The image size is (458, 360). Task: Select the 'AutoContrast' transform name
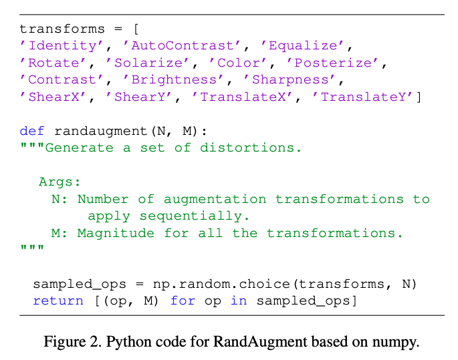(x=182, y=46)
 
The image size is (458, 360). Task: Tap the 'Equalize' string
(x=302, y=46)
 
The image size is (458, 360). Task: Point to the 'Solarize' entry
(x=148, y=63)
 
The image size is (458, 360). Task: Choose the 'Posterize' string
(x=332, y=63)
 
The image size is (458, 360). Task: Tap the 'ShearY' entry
(x=139, y=97)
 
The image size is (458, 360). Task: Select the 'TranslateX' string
(x=242, y=97)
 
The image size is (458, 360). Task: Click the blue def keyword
(x=32, y=131)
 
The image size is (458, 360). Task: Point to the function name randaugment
(x=101, y=132)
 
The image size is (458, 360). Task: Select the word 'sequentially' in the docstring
(x=191, y=216)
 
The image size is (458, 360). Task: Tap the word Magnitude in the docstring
(x=116, y=233)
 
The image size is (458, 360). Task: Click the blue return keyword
(x=58, y=301)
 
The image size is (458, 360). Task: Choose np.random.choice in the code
(x=221, y=284)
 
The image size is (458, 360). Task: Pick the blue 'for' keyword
(x=183, y=301)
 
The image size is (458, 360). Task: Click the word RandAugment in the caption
(x=260, y=341)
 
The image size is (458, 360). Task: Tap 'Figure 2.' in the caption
(x=72, y=341)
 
